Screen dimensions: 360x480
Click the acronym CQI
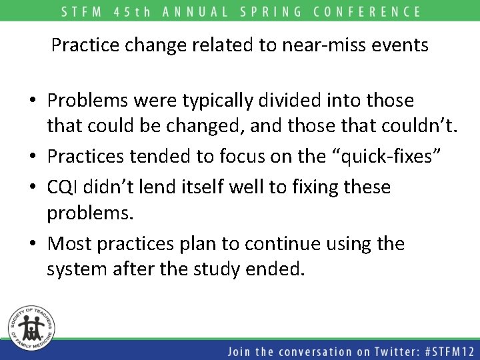tap(63, 187)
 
